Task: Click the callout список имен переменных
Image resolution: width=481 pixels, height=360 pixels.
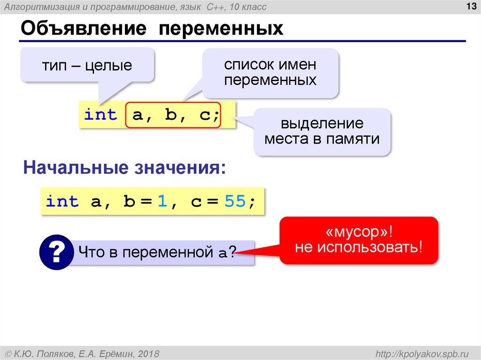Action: pos(270,72)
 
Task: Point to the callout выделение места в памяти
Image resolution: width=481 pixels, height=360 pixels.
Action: pos(322,131)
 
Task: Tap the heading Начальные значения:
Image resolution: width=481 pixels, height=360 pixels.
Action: pos(124,168)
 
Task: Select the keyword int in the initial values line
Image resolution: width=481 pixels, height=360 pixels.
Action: pos(62,202)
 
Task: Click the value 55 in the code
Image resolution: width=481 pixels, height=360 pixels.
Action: pos(235,202)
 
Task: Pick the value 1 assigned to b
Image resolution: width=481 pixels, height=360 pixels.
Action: pos(162,202)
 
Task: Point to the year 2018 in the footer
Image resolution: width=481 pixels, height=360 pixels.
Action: pos(148,353)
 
